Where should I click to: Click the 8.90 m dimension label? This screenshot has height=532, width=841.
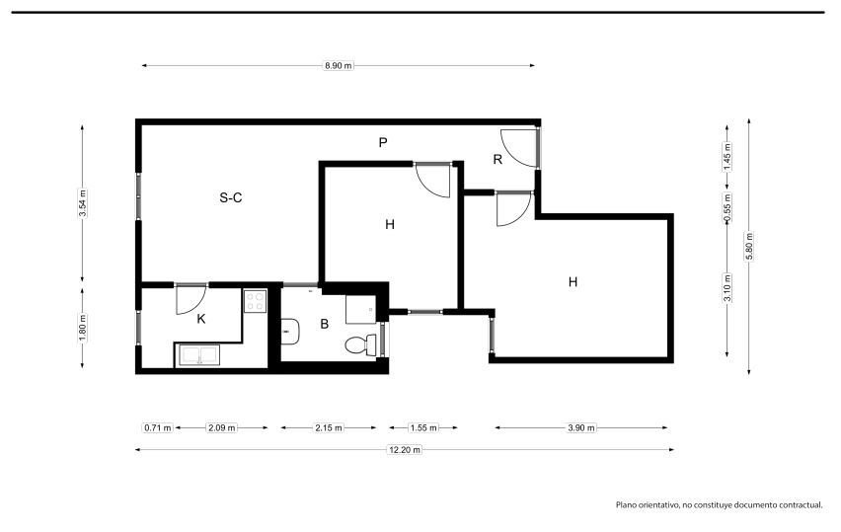tap(339, 66)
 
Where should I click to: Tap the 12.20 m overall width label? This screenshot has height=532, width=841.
tap(405, 449)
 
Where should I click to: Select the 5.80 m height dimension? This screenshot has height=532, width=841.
tap(749, 246)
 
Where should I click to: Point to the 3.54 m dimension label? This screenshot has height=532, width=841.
tap(82, 203)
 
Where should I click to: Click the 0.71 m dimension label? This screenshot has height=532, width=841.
tap(158, 428)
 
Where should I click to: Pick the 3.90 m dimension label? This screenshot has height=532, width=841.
tap(581, 428)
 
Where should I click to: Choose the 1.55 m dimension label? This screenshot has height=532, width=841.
tap(423, 428)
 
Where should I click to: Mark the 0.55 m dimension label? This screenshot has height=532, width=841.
tap(727, 207)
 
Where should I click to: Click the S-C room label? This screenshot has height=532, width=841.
tap(231, 197)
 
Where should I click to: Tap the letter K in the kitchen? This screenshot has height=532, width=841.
tap(201, 319)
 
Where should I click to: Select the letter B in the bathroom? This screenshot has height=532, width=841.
tap(324, 324)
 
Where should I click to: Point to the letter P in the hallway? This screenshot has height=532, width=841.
tap(383, 143)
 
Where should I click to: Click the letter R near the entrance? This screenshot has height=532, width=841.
tap(497, 159)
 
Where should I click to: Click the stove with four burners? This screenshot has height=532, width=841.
tap(256, 301)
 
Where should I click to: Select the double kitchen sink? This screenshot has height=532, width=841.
tap(196, 355)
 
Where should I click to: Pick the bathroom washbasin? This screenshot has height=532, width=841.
tap(290, 332)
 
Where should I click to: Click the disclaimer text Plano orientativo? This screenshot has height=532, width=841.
tap(648, 504)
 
